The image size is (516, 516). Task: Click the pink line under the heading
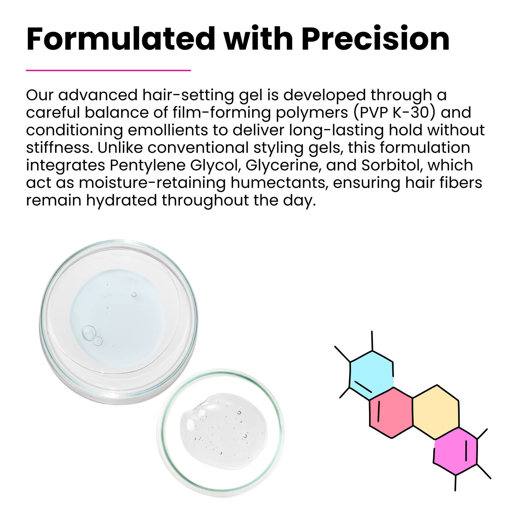108,70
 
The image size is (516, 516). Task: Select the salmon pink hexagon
391,412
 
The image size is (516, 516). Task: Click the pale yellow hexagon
436,412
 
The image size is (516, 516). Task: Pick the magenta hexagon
455,451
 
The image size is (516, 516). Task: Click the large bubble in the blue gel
88,332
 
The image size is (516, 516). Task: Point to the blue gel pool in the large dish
117,318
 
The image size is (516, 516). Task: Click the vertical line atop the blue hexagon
372,341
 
